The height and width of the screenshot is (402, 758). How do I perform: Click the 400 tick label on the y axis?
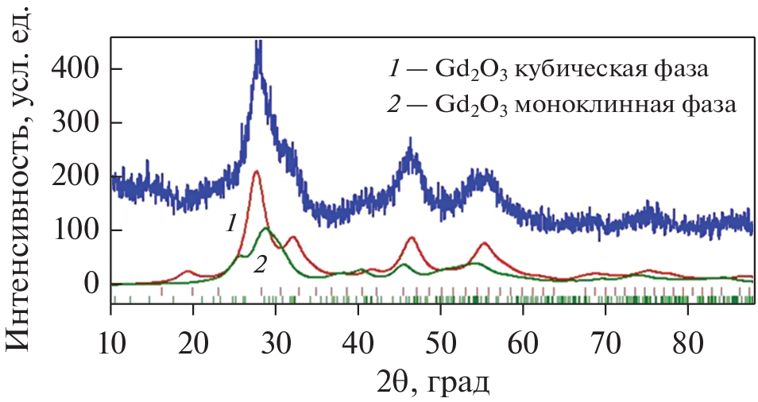point(77,69)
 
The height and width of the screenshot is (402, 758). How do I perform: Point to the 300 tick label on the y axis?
point(77,123)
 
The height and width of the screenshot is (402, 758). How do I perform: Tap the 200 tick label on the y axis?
point(77,176)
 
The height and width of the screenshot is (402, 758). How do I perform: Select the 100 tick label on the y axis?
point(77,230)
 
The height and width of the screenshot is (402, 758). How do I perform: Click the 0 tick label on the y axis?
point(92,284)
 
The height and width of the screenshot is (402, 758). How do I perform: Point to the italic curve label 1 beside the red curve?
point(230,224)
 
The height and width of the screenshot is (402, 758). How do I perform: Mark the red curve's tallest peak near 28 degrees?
point(256,171)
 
